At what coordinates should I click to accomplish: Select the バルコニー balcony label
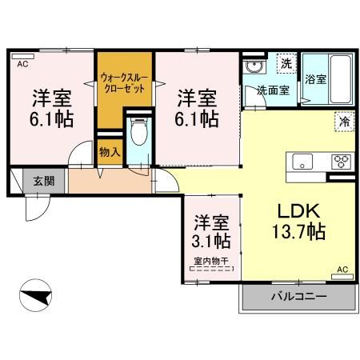(x=298, y=297)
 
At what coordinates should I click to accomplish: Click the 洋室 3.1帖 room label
(x=212, y=230)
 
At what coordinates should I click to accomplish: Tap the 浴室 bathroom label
(x=315, y=79)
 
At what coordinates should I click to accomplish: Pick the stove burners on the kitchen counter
(x=342, y=159)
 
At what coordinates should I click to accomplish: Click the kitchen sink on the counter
(x=306, y=159)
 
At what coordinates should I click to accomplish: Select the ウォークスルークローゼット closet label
(x=123, y=83)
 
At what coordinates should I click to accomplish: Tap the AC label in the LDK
(x=342, y=270)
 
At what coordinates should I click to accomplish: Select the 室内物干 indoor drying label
(x=211, y=261)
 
